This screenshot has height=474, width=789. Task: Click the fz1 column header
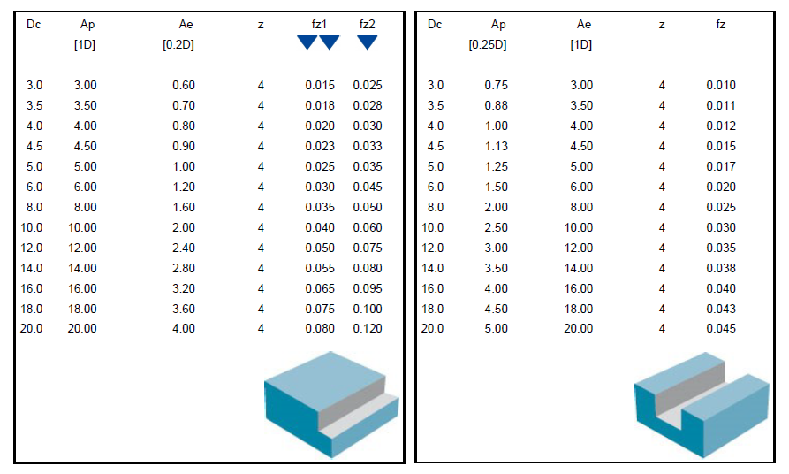(x=319, y=24)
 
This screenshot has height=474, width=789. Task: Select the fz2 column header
(x=367, y=24)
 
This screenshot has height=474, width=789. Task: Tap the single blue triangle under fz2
(x=368, y=42)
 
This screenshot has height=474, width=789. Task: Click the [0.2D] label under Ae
(x=178, y=45)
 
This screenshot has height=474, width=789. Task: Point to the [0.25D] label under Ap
(x=488, y=45)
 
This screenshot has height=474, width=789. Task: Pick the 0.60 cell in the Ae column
(x=184, y=85)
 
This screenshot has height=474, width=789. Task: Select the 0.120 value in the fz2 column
(x=368, y=328)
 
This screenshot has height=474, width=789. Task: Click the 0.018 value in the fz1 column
(x=320, y=106)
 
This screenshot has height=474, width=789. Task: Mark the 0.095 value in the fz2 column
(x=368, y=288)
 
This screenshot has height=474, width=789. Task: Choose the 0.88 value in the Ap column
(x=497, y=106)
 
